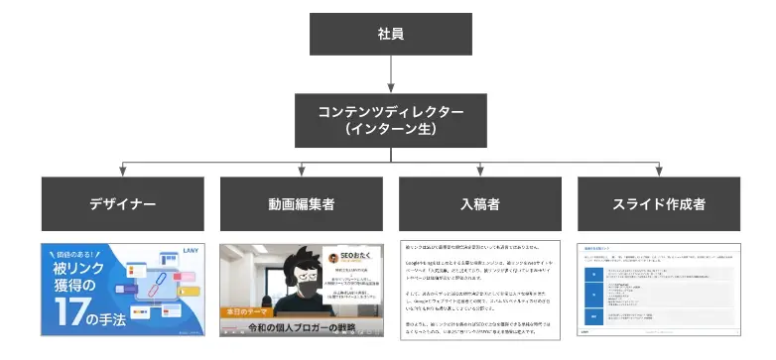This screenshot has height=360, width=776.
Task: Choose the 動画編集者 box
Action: pyautogui.click(x=300, y=203)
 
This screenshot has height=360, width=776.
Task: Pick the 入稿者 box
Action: pyautogui.click(x=479, y=203)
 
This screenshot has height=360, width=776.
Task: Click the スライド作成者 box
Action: pyautogui.click(x=659, y=203)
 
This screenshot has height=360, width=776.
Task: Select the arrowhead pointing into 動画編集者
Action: pyautogui.click(x=300, y=173)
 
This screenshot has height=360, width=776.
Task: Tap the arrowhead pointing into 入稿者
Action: pyautogui.click(x=479, y=173)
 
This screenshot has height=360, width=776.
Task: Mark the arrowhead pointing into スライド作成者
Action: pyautogui.click(x=659, y=173)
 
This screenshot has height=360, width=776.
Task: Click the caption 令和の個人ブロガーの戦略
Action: pyautogui.click(x=301, y=328)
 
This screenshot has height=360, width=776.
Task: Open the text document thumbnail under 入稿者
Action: pyautogui.click(x=479, y=290)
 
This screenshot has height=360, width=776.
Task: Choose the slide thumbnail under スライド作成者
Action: pyautogui.click(x=659, y=290)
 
